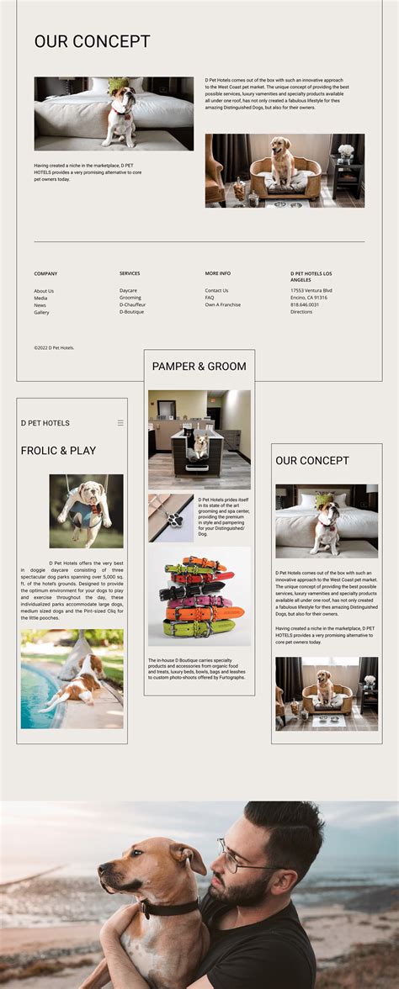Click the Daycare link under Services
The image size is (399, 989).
pos(128,291)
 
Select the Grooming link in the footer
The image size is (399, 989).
pos(130,298)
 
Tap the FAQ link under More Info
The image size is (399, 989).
pos(210,298)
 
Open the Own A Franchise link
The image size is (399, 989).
pos(222,305)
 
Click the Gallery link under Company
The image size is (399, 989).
pos(41,313)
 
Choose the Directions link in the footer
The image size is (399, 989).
pos(301,312)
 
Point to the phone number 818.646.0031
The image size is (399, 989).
pos(305,304)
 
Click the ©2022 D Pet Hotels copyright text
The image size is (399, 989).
pos(54,347)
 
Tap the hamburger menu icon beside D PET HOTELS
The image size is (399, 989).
pos(120,423)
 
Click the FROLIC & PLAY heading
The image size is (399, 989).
pos(58,451)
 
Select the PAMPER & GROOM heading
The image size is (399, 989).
pos(199,367)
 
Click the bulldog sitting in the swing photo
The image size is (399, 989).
pos(85,510)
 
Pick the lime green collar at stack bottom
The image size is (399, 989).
pos(199,627)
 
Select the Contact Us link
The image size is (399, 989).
pos(216,291)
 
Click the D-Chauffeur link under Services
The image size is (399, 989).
pos(133,305)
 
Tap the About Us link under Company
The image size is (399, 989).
pos(44,291)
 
